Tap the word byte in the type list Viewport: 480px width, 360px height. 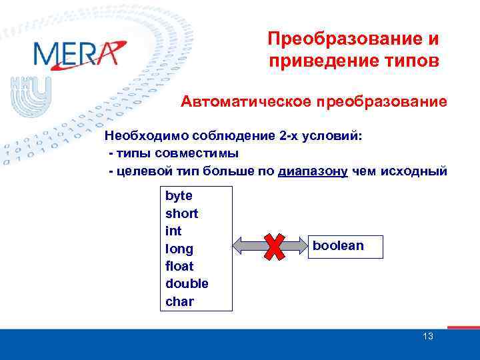(179, 196)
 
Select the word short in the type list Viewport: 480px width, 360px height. (182, 213)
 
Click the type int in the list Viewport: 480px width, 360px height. (173, 231)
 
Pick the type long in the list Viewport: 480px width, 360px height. (179, 249)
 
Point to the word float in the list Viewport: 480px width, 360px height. (180, 266)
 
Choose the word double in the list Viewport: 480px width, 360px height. (187, 283)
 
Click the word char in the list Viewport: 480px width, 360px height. (179, 301)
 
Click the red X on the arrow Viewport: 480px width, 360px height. (273, 247)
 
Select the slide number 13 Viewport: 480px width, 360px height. (428, 336)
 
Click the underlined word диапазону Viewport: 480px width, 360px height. (313, 171)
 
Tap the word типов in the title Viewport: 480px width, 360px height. (411, 62)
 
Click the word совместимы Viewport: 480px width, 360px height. (197, 154)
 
